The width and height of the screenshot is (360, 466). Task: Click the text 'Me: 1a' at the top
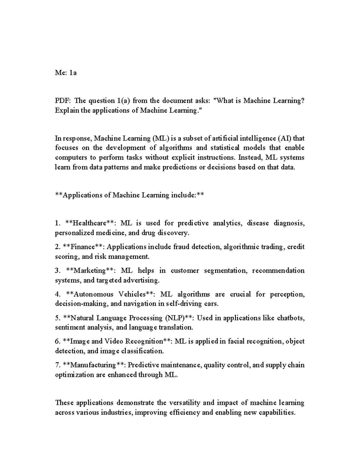[66, 72]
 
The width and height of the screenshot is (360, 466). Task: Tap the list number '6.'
[58, 341]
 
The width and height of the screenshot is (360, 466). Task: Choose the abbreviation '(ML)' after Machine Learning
[161, 138]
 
